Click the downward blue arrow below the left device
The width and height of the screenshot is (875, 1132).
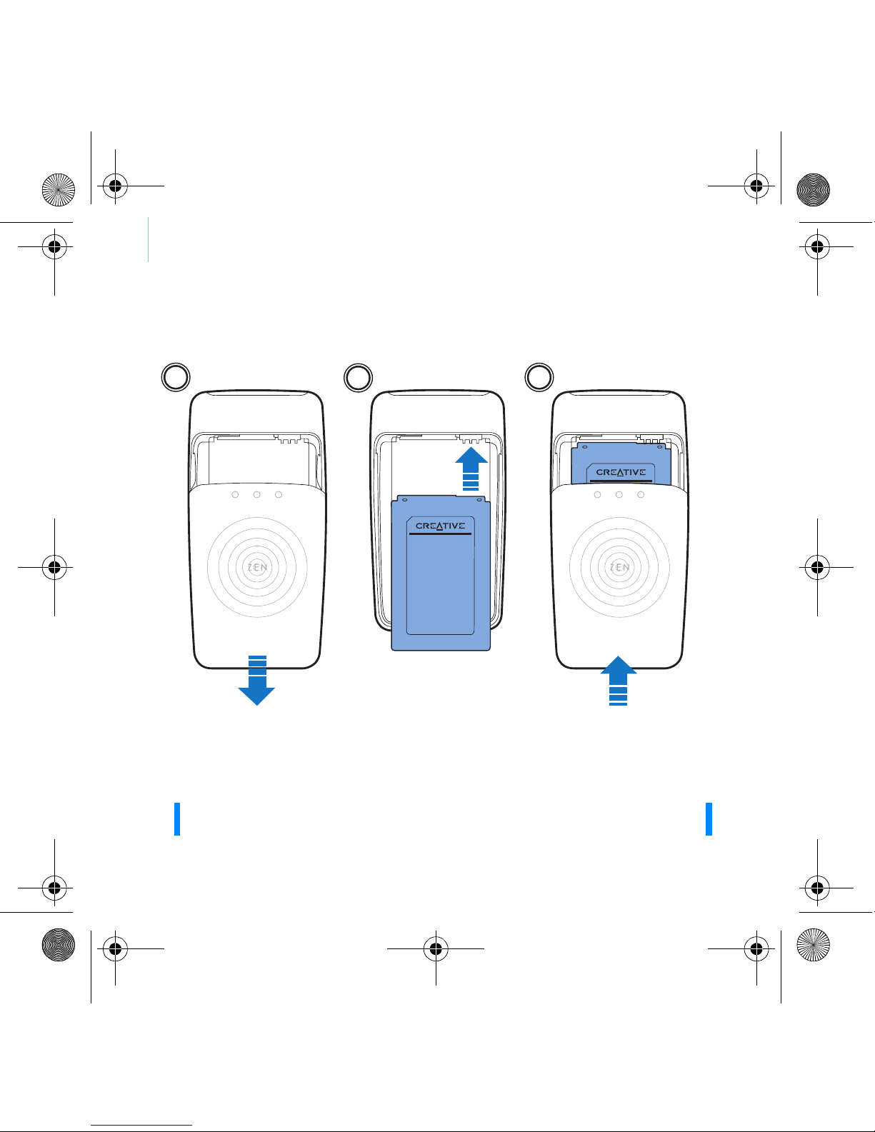256,680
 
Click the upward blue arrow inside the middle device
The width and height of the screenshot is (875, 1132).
471,469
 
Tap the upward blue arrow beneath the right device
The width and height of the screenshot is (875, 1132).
619,681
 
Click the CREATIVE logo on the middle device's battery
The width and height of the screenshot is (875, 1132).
440,526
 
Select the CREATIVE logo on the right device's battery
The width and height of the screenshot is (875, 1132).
621,472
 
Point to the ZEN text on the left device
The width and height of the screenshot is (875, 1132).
257,567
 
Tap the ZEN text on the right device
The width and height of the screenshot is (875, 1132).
620,567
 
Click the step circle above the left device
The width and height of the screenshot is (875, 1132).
176,377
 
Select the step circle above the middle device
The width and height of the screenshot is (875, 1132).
359,378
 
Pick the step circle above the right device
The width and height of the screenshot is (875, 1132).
539,377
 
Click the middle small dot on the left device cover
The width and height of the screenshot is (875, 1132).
256,494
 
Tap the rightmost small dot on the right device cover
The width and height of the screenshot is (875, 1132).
641,494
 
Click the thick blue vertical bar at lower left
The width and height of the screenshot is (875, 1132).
177,819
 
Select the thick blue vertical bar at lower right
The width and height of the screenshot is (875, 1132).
709,819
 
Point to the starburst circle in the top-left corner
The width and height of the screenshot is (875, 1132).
59,190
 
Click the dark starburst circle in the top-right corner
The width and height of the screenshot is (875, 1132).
814,190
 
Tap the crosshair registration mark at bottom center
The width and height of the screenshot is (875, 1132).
436,948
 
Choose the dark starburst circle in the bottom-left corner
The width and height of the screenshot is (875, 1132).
59,944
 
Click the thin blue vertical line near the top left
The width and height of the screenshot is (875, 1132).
149,240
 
